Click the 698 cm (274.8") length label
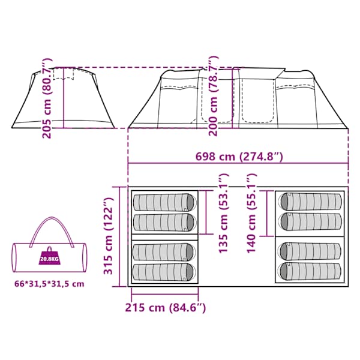click(x=239, y=157)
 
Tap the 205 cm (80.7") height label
click(x=47, y=98)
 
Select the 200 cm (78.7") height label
click(x=213, y=96)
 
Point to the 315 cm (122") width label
click(x=108, y=236)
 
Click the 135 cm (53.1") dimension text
click(x=223, y=213)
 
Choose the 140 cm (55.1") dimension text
click(x=251, y=213)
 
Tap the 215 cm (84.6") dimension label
click(x=166, y=307)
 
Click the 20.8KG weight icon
click(x=49, y=259)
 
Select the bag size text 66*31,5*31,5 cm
click(x=49, y=284)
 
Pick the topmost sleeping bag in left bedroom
click(x=165, y=202)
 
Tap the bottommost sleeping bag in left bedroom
click(x=164, y=272)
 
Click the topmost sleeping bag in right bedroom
click(x=310, y=202)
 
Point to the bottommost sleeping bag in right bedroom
click(x=310, y=271)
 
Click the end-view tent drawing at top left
click(x=64, y=98)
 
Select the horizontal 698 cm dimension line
click(x=238, y=163)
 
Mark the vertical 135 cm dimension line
click(x=206, y=212)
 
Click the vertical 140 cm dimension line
click(x=267, y=213)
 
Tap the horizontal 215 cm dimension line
click(x=164, y=294)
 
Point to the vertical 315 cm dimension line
click(x=119, y=237)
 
